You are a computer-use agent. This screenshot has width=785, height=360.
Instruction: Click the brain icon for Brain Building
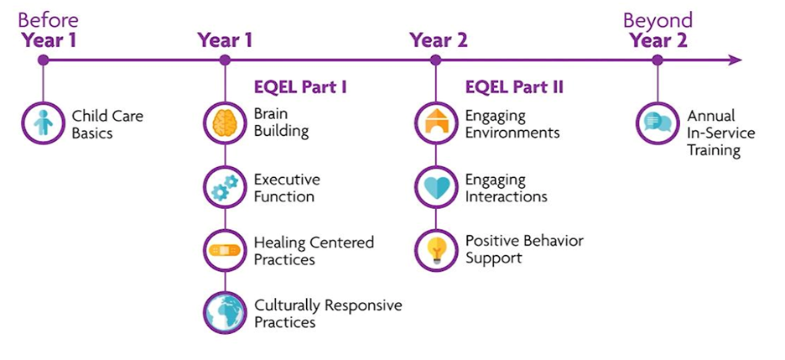[225, 123]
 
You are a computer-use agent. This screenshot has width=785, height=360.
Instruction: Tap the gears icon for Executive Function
[225, 187]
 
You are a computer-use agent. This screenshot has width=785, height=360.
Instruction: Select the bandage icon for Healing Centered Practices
[225, 250]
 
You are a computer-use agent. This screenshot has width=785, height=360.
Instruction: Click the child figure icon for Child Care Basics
[43, 123]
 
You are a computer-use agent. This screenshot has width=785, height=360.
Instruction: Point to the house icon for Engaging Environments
[435, 123]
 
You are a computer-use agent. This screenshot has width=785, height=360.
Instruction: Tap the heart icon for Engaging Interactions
[435, 187]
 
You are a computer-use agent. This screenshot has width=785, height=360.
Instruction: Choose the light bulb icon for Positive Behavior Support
[435, 249]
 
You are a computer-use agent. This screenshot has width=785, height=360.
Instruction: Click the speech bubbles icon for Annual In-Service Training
[658, 123]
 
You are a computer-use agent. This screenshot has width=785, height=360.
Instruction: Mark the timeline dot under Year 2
[435, 60]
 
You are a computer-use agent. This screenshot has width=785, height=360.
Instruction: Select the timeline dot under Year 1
[225, 60]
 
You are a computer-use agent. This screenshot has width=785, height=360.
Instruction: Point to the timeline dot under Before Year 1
[43, 60]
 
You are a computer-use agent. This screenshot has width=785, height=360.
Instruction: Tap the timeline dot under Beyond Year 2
[658, 60]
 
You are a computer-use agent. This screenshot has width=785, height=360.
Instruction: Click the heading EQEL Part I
[300, 86]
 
